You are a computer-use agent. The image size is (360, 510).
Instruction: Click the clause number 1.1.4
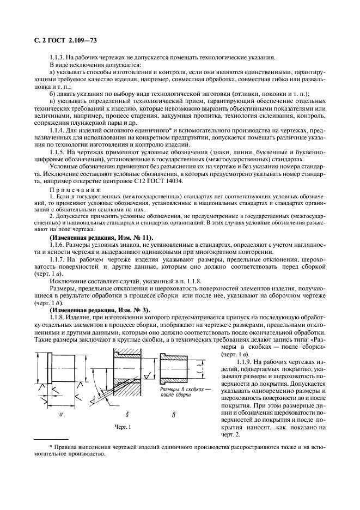coord(58,131)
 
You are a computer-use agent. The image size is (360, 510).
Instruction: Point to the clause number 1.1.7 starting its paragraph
coord(58,260)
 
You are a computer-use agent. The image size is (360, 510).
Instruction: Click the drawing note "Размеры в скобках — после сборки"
coord(181,394)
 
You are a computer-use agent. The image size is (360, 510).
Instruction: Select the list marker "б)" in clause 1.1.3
coord(52,93)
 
